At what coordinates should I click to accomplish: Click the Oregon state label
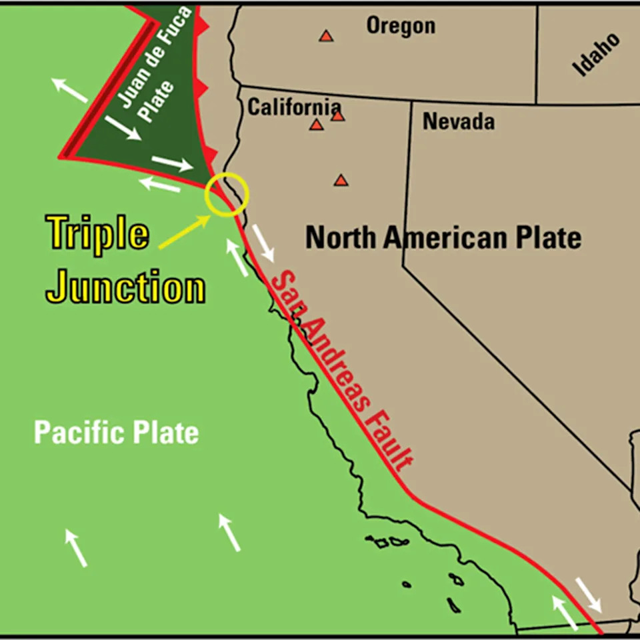pyautogui.click(x=401, y=26)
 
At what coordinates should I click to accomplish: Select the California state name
pyautogui.click(x=294, y=107)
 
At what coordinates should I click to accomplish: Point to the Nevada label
pyautogui.click(x=459, y=121)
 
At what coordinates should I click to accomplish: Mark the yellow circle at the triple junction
pyautogui.click(x=227, y=194)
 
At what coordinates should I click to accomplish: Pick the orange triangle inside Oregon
pyautogui.click(x=325, y=36)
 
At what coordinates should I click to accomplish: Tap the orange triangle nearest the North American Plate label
pyautogui.click(x=341, y=180)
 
